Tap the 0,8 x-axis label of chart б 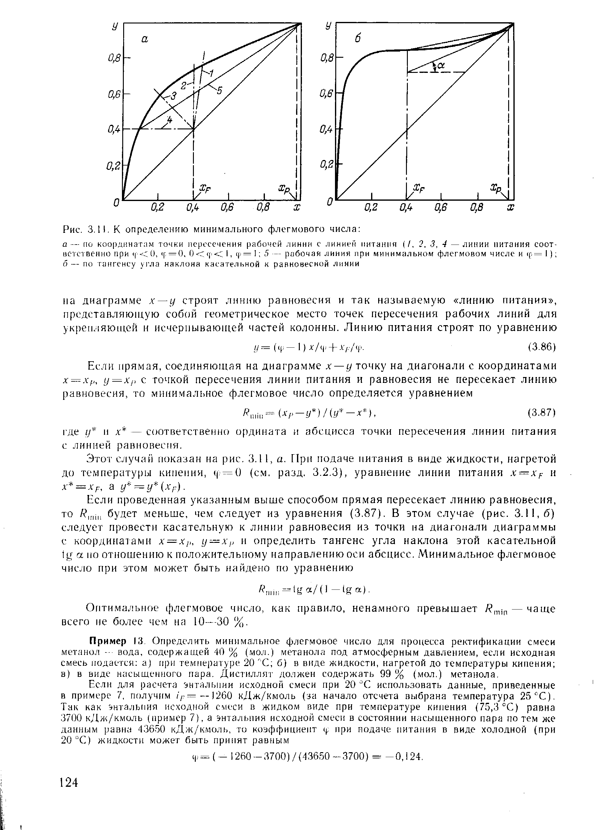coord(477,208)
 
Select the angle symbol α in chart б coord(441,65)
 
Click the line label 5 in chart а coord(220,90)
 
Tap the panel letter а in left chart coord(144,40)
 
